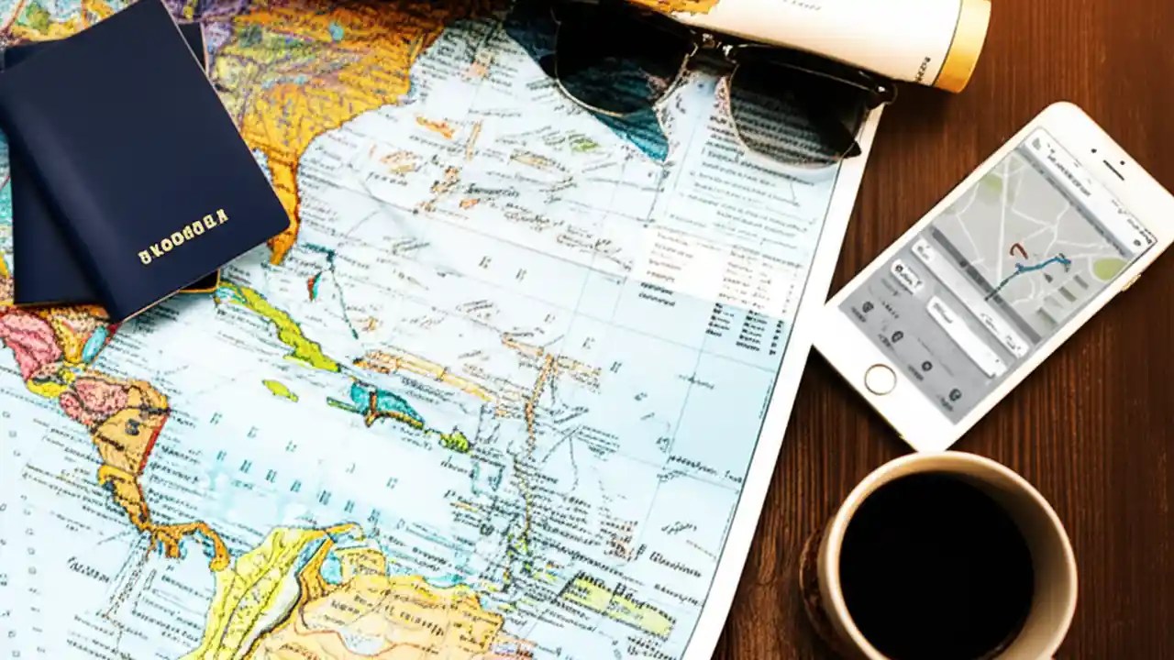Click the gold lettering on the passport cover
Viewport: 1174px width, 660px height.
183,236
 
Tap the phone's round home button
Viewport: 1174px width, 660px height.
880,379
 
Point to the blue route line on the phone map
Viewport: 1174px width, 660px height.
1027,273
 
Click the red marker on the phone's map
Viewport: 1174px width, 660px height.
1015,250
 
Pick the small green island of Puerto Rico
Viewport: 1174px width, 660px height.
454,441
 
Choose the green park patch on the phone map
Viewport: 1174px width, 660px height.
1111,268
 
